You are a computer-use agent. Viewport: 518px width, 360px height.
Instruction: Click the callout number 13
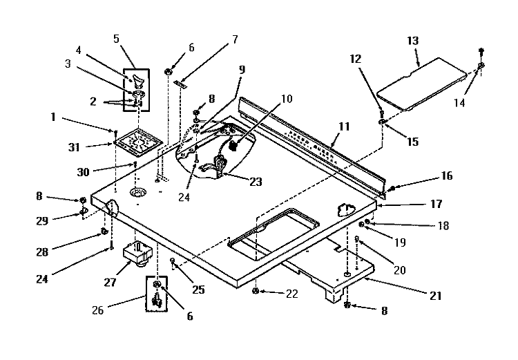pyautogui.click(x=412, y=41)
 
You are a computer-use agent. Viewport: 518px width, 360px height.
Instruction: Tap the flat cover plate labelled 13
pyautogui.click(x=422, y=84)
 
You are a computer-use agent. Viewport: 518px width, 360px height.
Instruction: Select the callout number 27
pyautogui.click(x=110, y=283)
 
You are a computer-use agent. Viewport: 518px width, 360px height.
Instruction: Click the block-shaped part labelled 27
pyautogui.click(x=138, y=254)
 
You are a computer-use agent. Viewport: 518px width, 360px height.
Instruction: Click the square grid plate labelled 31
pyautogui.click(x=138, y=141)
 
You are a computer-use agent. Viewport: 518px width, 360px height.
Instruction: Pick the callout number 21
pyautogui.click(x=435, y=296)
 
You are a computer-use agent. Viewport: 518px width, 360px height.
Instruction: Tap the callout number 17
pyautogui.click(x=437, y=204)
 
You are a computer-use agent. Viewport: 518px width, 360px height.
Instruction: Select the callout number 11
pyautogui.click(x=344, y=126)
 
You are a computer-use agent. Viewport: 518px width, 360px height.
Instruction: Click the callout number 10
pyautogui.click(x=287, y=99)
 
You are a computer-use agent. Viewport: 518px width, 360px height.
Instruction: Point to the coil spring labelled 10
pyautogui.click(x=233, y=145)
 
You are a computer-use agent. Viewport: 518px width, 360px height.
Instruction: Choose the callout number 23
pyautogui.click(x=256, y=182)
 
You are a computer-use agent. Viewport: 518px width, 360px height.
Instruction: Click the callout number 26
pyautogui.click(x=97, y=310)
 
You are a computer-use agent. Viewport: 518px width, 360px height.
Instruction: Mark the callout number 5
pyautogui.click(x=116, y=39)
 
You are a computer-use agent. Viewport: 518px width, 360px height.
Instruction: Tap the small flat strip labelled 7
pyautogui.click(x=181, y=84)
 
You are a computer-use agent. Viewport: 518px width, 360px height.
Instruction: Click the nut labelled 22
pyautogui.click(x=256, y=291)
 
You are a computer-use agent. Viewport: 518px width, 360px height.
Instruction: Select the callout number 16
pyautogui.click(x=447, y=176)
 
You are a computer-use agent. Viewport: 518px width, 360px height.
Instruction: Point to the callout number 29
pyautogui.click(x=42, y=220)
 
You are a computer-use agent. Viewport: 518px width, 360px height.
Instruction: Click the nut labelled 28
pyautogui.click(x=104, y=231)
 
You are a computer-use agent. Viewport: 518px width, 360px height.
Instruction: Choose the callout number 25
pyautogui.click(x=198, y=290)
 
